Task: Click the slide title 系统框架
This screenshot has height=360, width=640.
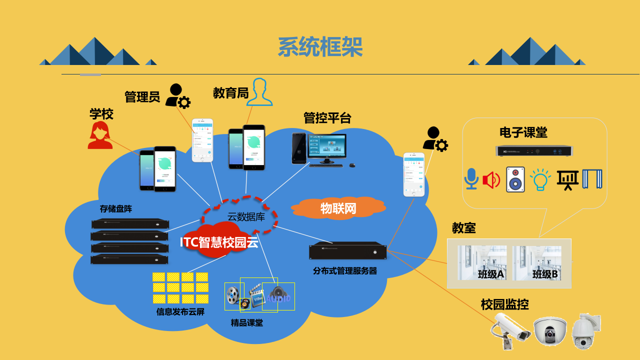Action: [x=320, y=47]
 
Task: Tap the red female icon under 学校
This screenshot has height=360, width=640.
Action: [x=100, y=135]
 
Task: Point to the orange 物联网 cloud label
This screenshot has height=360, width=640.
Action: [x=338, y=208]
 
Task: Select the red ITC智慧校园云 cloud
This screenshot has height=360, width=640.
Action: [x=219, y=242]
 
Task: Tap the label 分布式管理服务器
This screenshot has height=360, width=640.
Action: [x=345, y=271]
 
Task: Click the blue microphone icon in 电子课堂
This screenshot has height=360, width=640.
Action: [x=471, y=179]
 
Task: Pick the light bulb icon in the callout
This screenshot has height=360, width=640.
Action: [x=540, y=179]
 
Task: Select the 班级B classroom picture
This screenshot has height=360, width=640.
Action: [x=537, y=263]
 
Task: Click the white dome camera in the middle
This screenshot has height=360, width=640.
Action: [x=550, y=331]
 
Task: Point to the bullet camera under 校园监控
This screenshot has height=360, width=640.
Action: [x=510, y=329]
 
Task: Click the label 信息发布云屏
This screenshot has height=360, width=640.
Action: [x=180, y=312]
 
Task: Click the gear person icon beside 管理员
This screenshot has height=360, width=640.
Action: [x=177, y=96]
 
